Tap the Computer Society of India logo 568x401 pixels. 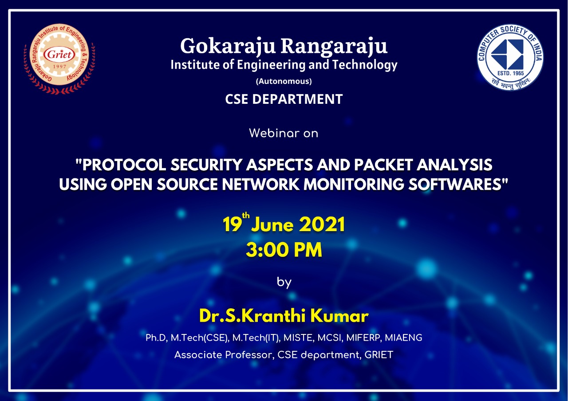click(510, 57)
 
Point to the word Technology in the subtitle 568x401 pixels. click(365, 65)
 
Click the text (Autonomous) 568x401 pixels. click(284, 81)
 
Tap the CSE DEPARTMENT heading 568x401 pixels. click(284, 99)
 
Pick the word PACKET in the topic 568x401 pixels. click(384, 165)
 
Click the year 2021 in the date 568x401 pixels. click(322, 224)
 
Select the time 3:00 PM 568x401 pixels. click(284, 250)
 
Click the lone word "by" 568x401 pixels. click(284, 282)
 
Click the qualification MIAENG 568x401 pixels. click(403, 338)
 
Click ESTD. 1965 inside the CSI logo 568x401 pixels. click(510, 73)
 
